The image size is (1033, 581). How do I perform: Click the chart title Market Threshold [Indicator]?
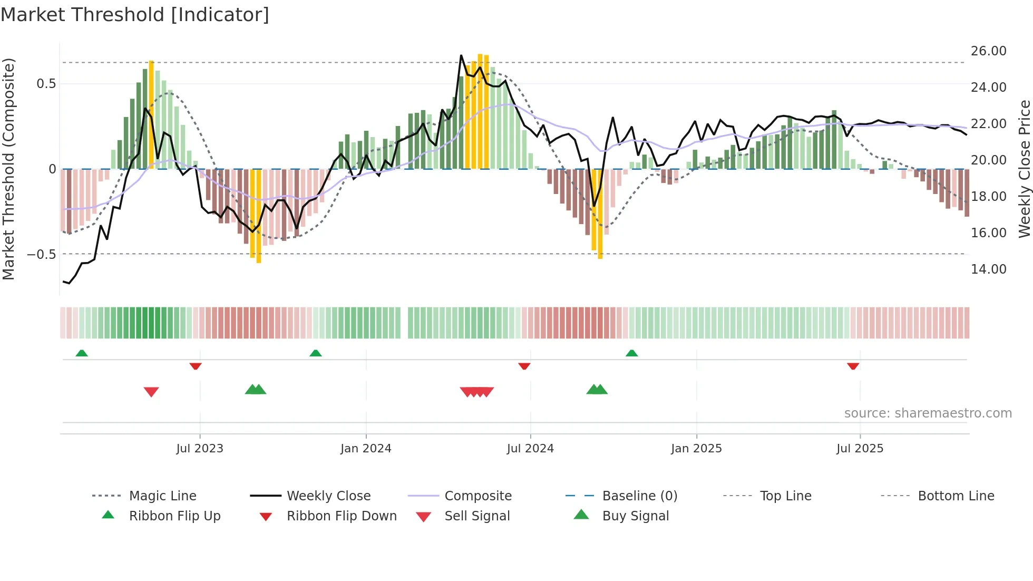[135, 15]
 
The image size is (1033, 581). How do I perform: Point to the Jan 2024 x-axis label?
[366, 448]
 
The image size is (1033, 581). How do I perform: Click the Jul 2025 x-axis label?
[860, 448]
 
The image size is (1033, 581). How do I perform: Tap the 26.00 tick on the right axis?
[988, 51]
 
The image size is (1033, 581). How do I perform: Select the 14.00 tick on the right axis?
[988, 269]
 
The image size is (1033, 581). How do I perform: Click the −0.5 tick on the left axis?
[42, 254]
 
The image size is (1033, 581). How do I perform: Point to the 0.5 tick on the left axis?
[46, 84]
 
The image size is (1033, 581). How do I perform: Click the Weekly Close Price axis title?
[1024, 169]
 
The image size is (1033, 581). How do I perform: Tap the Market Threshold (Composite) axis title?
[8, 169]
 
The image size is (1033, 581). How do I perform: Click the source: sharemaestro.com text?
[928, 413]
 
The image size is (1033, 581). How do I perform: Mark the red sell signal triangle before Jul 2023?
[151, 392]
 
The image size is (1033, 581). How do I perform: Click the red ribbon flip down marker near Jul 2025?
[853, 366]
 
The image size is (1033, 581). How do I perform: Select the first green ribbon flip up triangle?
[82, 353]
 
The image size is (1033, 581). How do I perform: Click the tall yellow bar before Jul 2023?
[151, 113]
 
